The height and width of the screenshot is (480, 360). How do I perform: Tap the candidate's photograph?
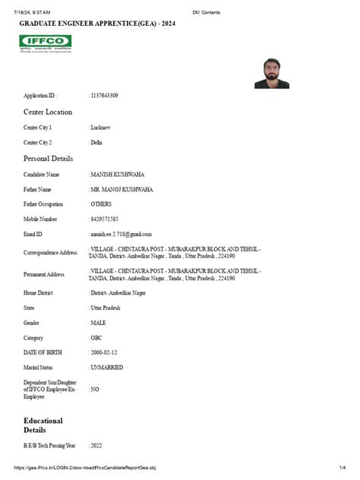271,73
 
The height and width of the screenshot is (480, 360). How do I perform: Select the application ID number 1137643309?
104,96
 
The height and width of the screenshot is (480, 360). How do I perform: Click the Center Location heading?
48,112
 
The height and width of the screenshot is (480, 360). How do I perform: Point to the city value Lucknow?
103,127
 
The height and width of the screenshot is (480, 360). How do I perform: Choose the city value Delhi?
96,142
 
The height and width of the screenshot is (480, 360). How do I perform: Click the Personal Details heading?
49,159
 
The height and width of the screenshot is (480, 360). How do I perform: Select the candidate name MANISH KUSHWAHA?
117,174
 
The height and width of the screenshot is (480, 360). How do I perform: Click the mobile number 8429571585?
106,219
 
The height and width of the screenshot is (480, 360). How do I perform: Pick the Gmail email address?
121,234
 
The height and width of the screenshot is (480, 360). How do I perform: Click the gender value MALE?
99,323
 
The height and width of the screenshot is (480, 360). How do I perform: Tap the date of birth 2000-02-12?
105,352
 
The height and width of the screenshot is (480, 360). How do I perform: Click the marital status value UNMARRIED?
108,368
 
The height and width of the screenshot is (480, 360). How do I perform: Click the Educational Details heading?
43,425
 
